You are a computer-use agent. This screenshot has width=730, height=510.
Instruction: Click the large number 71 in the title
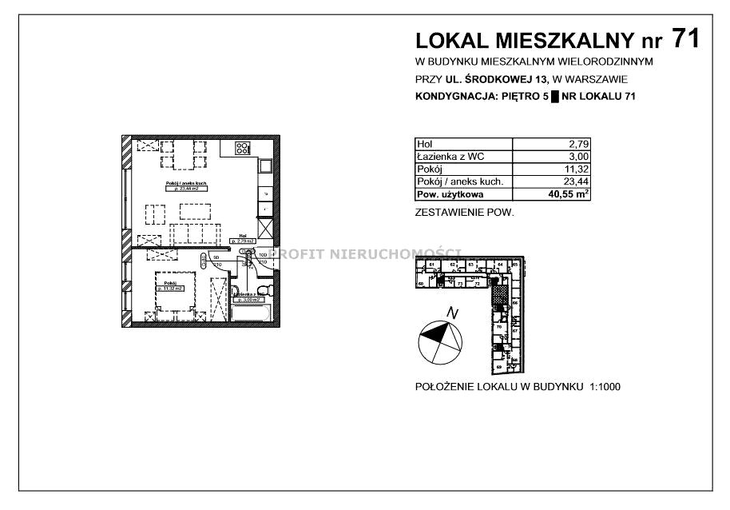[x=685, y=38]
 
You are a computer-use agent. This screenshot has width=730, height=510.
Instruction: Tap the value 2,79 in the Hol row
[x=578, y=143]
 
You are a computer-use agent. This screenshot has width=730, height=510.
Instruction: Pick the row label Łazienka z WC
[x=452, y=156]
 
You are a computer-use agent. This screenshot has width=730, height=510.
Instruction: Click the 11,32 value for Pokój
[x=576, y=169]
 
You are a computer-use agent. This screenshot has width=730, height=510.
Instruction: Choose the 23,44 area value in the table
[x=576, y=181]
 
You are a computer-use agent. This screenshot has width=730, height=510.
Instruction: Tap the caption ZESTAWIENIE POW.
[x=465, y=213]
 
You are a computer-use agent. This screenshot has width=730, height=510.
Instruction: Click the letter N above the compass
[x=452, y=313]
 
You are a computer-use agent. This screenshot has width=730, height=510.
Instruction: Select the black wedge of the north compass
[x=432, y=337]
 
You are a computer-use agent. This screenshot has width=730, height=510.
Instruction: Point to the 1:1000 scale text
[x=605, y=387]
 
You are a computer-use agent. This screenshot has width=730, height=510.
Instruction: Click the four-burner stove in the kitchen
[x=242, y=148]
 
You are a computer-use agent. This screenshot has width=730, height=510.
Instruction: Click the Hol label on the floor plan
[x=241, y=237]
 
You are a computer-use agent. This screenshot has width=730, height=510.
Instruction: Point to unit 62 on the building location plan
[x=453, y=265]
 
